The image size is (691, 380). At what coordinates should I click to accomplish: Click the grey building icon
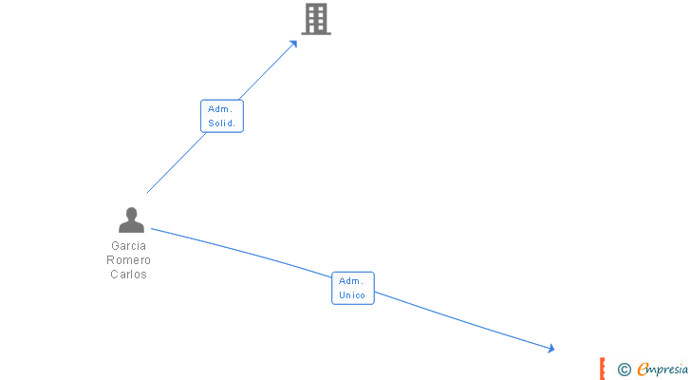click(316, 19)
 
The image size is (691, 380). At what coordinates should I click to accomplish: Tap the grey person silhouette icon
click(131, 220)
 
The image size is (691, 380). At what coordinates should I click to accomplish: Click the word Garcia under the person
click(128, 245)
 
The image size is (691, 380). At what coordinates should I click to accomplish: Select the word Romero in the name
click(128, 260)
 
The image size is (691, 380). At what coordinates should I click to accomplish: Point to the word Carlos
click(128, 275)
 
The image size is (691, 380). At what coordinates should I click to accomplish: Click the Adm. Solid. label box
click(221, 116)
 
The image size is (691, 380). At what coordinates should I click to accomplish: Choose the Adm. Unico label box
click(352, 288)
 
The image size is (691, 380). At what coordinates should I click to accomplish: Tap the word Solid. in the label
click(221, 123)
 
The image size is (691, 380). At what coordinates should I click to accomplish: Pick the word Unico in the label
click(352, 295)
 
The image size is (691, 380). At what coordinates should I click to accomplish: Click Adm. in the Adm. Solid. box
click(221, 109)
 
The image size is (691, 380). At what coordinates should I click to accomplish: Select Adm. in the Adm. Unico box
click(352, 280)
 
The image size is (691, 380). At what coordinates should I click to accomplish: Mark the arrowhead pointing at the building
click(294, 43)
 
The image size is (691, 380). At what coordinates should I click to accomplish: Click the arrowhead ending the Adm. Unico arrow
click(551, 350)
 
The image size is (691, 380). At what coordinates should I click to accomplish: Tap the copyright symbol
click(624, 370)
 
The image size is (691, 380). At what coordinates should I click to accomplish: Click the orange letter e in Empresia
click(644, 370)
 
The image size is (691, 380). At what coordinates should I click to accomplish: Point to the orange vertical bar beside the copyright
click(602, 369)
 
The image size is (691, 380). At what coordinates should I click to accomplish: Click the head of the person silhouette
click(131, 213)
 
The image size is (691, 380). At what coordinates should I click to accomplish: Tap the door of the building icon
click(316, 29)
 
